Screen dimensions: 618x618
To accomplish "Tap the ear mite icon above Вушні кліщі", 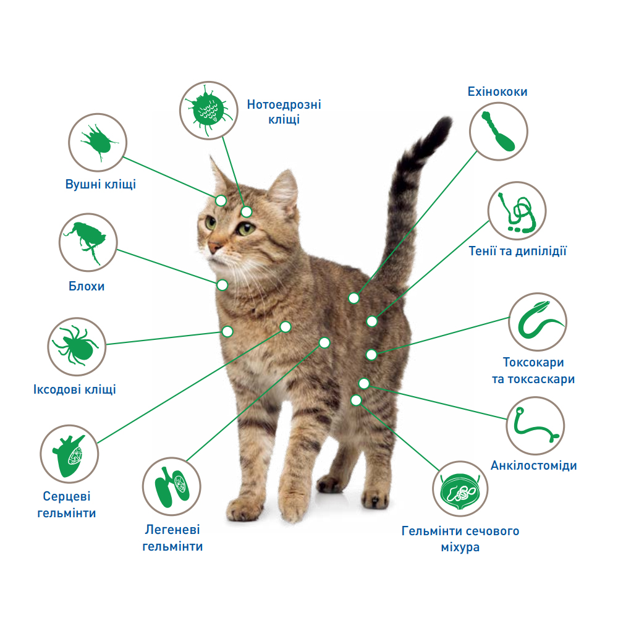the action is click(x=98, y=142).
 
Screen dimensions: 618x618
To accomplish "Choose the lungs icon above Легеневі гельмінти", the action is click(x=171, y=486).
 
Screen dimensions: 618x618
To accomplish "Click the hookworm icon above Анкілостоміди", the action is click(x=536, y=426).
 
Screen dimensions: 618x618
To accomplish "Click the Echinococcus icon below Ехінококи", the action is click(x=499, y=131).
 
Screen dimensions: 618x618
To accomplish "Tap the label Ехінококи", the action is click(x=497, y=91).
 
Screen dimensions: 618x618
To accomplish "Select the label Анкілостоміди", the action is click(x=534, y=465).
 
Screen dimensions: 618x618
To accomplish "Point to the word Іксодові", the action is click(x=57, y=389).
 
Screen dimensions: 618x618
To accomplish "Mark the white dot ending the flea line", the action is click(x=222, y=285).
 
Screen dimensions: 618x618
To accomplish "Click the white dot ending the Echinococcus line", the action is click(x=354, y=298).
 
